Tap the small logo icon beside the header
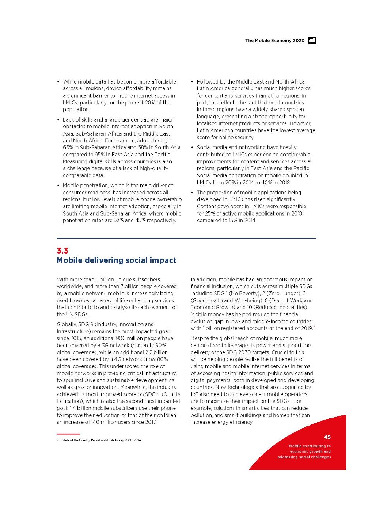point(312,41)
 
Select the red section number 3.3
point(62,251)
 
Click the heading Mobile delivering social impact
point(116,260)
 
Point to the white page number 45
point(327,437)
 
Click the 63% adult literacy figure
point(68,148)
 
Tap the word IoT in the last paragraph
point(194,394)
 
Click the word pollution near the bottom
point(201,415)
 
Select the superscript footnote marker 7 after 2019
point(314,327)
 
